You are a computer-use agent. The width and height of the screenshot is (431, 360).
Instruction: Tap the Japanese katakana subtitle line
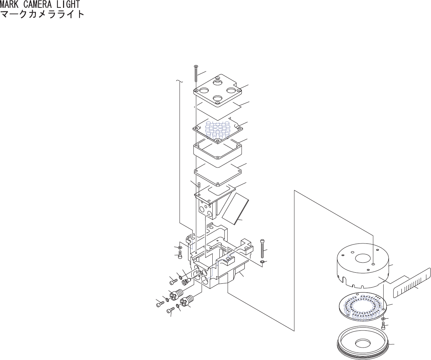pyautogui.click(x=42, y=14)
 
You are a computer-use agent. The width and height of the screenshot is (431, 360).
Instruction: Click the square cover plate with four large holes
pyautogui.click(x=217, y=91)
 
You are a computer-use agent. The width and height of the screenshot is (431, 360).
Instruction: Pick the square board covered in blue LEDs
pyautogui.click(x=218, y=130)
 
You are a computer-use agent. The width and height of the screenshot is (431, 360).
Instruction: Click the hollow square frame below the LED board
pyautogui.click(x=218, y=153)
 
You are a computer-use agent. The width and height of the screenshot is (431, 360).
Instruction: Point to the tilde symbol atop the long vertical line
pyautogui.click(x=180, y=82)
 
